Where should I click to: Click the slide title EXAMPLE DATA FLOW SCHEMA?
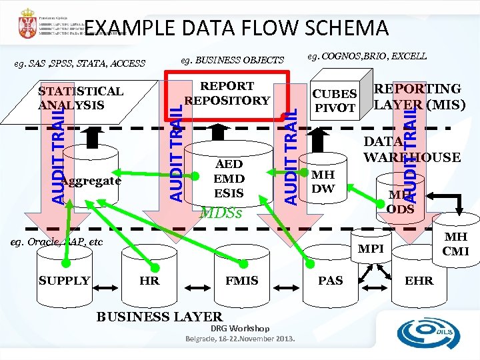236,28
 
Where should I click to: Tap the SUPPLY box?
65,281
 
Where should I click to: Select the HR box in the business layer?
149,281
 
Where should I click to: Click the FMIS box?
241,281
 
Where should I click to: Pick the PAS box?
331,281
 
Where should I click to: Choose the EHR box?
419,281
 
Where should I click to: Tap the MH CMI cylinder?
457,243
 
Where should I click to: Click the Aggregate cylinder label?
91,181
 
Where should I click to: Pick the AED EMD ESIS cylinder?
229,179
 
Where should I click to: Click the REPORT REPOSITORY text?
227,93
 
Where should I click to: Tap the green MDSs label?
221,214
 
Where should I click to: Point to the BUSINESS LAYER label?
159,317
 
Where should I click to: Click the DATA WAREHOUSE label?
411,150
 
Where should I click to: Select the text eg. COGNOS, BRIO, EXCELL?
367,56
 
